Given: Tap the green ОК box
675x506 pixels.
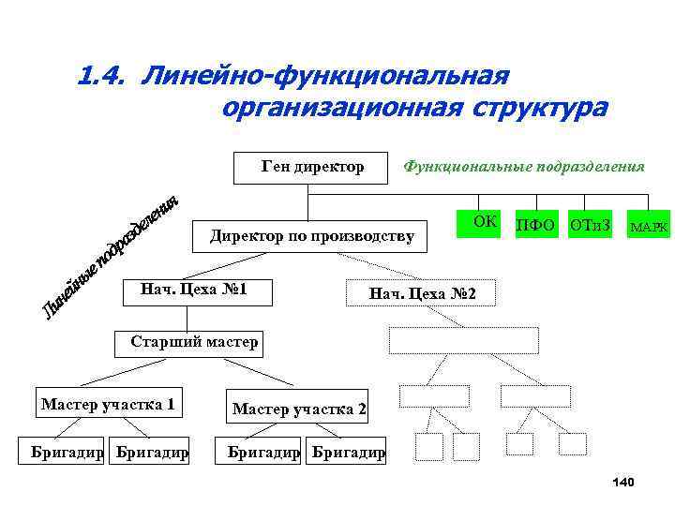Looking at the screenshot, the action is [x=484, y=224].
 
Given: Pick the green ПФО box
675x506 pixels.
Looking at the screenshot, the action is [x=535, y=226].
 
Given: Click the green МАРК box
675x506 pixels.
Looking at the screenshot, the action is [x=649, y=226].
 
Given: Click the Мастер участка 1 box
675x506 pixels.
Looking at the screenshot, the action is [x=108, y=405].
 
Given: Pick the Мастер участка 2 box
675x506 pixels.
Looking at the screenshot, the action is [x=299, y=409].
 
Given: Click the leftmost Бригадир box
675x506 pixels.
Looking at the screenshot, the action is [x=67, y=453].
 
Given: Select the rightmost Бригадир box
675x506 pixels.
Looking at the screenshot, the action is [x=348, y=453].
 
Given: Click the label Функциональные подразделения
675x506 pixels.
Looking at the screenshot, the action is [x=523, y=167].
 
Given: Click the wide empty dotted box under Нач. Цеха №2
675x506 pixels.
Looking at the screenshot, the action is [x=464, y=340].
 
